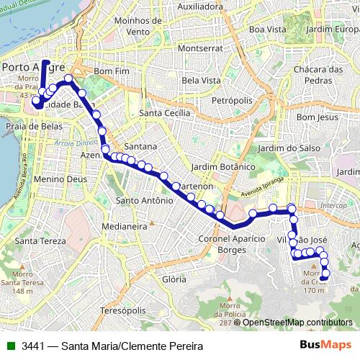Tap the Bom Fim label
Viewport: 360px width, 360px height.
(110, 72)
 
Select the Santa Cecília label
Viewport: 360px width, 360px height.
(165, 113)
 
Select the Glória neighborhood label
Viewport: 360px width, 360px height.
(174, 279)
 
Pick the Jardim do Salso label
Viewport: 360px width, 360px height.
(266, 148)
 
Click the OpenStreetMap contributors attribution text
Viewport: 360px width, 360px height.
(297, 322)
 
